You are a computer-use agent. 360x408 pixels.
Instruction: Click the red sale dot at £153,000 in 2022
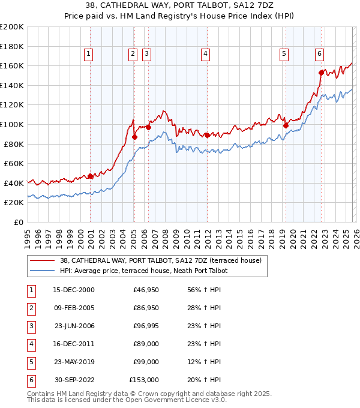(x=322, y=73)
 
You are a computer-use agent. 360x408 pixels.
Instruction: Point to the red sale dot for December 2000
(x=91, y=176)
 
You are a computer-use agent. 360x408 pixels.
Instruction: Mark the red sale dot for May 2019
(x=286, y=125)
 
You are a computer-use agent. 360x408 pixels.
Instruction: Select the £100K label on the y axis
(x=12, y=124)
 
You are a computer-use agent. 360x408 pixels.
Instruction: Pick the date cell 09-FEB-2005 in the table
(x=73, y=308)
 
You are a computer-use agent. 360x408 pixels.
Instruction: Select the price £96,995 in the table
(x=144, y=326)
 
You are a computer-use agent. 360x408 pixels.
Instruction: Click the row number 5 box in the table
(x=30, y=362)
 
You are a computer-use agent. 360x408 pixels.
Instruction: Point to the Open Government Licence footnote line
(x=127, y=399)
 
